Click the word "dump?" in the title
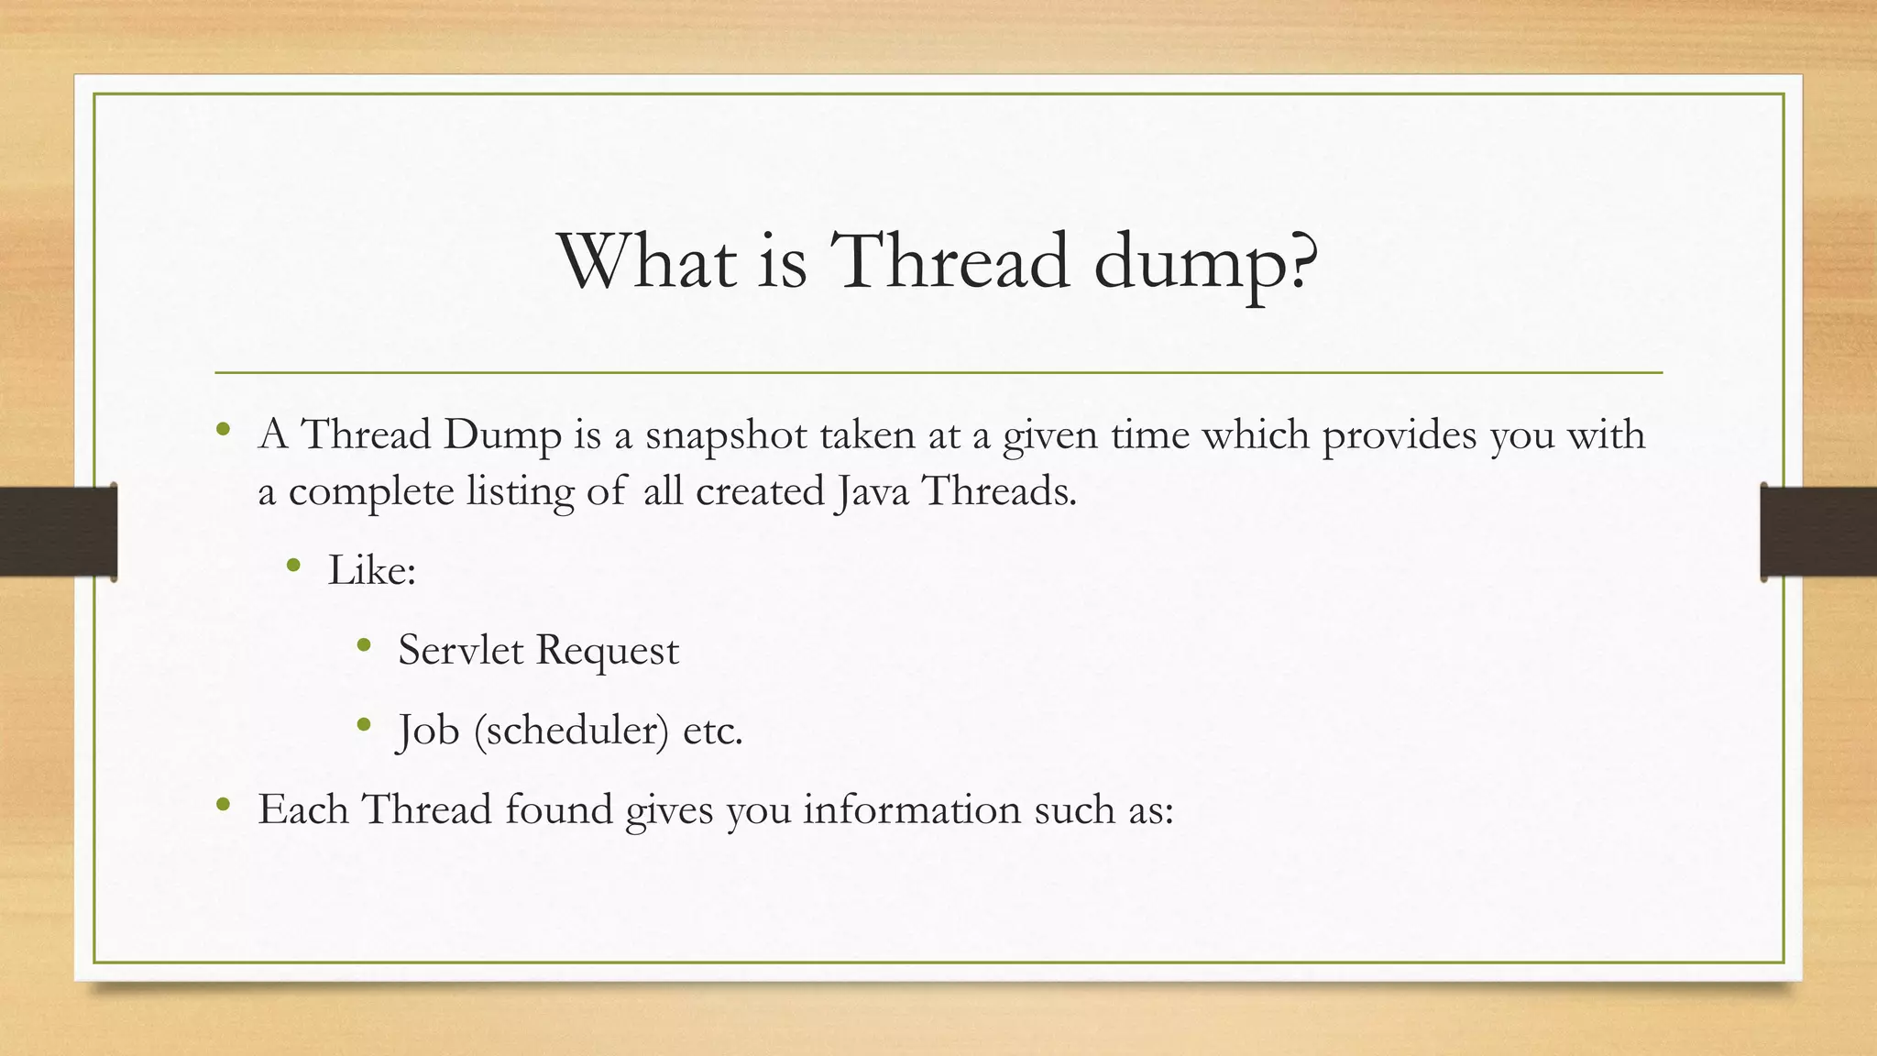pyautogui.click(x=1206, y=264)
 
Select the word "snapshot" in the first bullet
pyautogui.click(x=724, y=435)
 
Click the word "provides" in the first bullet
pyautogui.click(x=1400, y=435)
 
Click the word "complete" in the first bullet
pyautogui.click(x=371, y=493)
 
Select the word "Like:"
pyautogui.click(x=372, y=571)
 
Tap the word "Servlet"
pyautogui.click(x=460, y=651)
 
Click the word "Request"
pyautogui.click(x=608, y=652)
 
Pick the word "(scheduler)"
pyautogui.click(x=572, y=731)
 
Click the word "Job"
pyautogui.click(x=428, y=731)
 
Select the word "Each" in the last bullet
pyautogui.click(x=302, y=810)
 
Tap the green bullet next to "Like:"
pyautogui.click(x=293, y=566)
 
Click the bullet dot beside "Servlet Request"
pyautogui.click(x=364, y=645)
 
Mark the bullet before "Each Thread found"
pyautogui.click(x=223, y=805)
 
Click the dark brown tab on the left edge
pyautogui.click(x=58, y=532)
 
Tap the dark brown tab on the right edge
pyautogui.click(x=1818, y=532)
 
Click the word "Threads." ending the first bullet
pyautogui.click(x=999, y=492)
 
